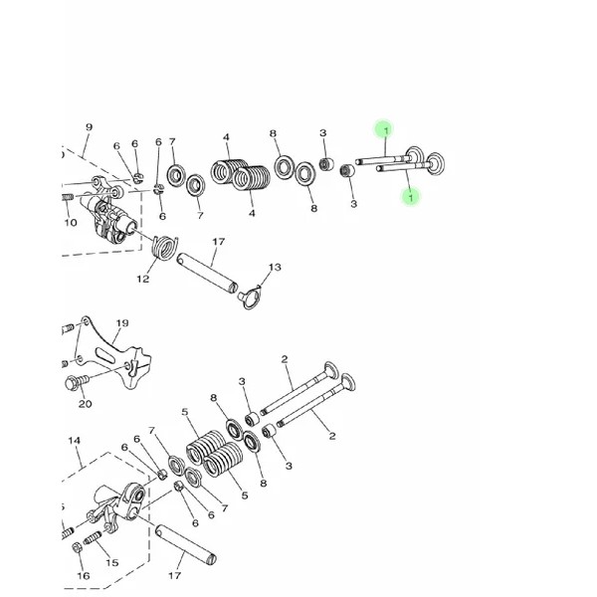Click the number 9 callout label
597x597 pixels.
(x=89, y=127)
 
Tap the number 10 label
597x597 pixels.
(x=71, y=222)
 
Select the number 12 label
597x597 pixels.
(x=143, y=279)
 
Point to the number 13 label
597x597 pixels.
(x=275, y=268)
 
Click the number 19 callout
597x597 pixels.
(x=122, y=323)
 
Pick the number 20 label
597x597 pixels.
(x=86, y=404)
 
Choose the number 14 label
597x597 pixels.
(x=75, y=441)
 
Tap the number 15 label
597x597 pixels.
(x=112, y=562)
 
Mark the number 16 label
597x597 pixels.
(x=84, y=576)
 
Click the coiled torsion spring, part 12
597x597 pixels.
(x=164, y=247)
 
